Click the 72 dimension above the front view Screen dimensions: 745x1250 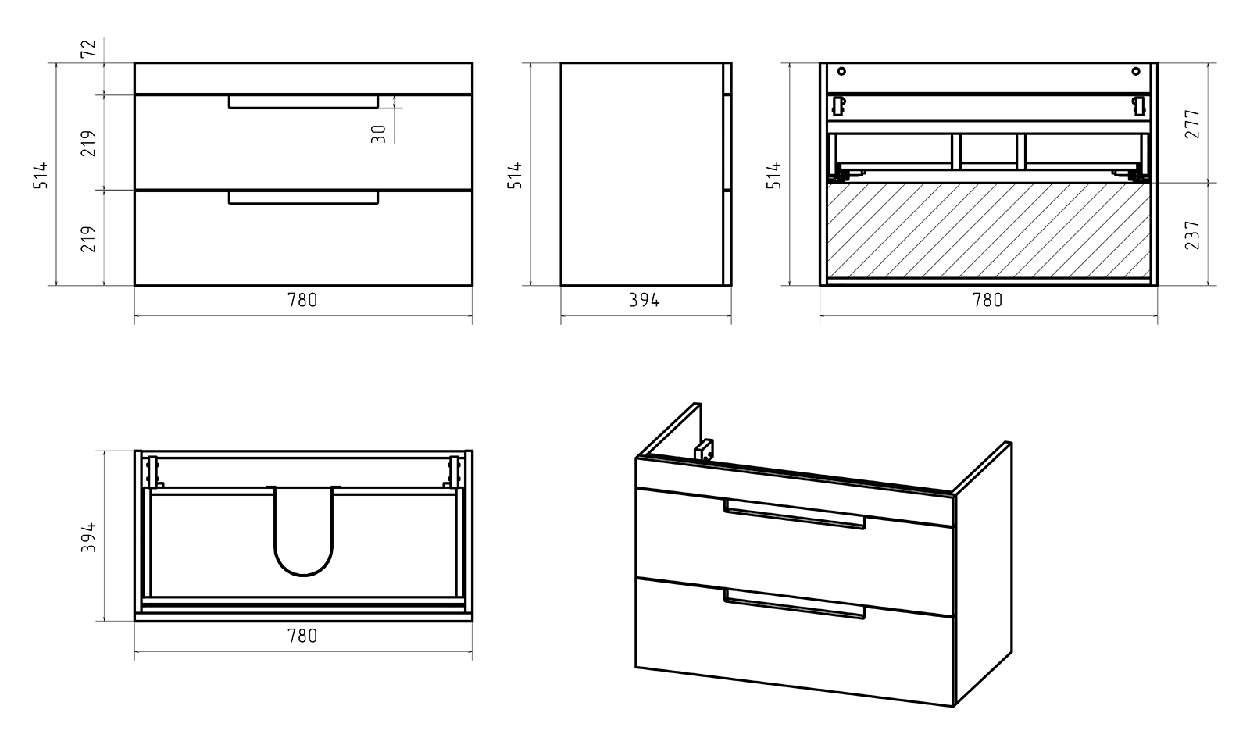click(88, 48)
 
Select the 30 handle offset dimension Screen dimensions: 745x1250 click(379, 134)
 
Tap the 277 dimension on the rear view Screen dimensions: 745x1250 click(1192, 123)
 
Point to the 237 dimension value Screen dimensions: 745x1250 click(1192, 234)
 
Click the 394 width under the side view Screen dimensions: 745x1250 click(645, 300)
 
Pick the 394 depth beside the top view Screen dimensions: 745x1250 click(89, 537)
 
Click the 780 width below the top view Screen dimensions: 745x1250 click(302, 636)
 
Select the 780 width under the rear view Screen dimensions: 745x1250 click(987, 300)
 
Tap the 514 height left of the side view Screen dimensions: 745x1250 click(514, 175)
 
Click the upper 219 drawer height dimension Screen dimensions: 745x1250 click(89, 143)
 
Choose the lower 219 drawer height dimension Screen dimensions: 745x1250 click(89, 238)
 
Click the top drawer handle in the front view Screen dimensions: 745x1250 click(303, 102)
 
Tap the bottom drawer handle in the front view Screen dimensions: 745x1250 click(303, 198)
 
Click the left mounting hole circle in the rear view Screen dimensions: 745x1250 click(841, 72)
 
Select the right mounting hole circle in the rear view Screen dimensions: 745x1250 click(1136, 72)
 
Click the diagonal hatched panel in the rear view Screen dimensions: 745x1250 click(988, 229)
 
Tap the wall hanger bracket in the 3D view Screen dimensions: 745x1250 click(705, 450)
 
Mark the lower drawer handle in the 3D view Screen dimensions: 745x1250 click(795, 605)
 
